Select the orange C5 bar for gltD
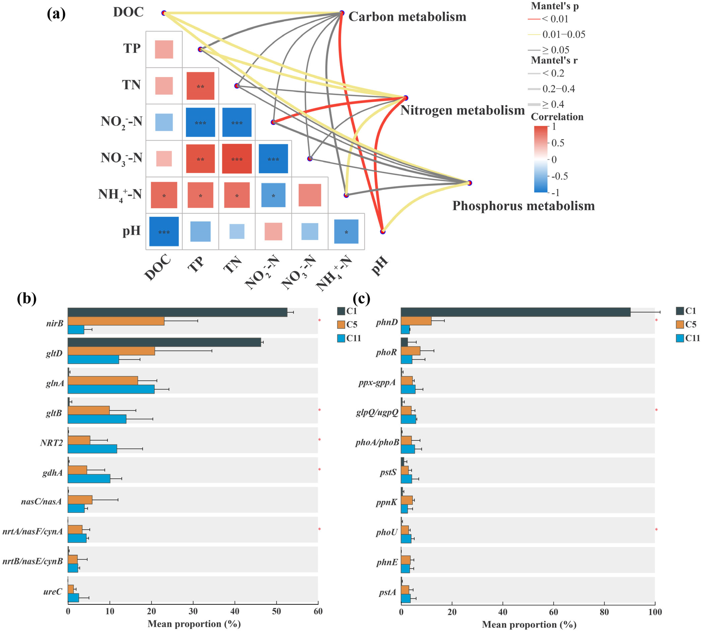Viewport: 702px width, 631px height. coord(111,351)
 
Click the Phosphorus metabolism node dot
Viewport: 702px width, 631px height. coord(469,183)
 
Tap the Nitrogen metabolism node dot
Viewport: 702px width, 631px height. coord(406,98)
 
